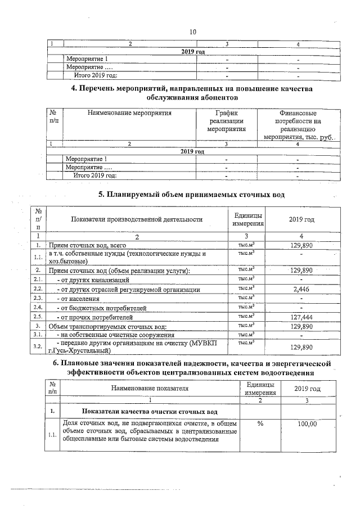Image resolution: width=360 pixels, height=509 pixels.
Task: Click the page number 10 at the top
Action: click(x=192, y=32)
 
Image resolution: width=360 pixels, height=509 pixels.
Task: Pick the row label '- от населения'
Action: click(x=79, y=298)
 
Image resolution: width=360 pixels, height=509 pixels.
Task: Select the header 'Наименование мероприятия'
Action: click(x=129, y=112)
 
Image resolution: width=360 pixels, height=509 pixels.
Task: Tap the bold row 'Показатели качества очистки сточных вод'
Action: click(x=150, y=411)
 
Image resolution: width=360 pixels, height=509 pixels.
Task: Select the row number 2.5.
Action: click(x=38, y=317)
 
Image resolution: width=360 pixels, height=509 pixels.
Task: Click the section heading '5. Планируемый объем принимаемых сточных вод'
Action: click(x=192, y=195)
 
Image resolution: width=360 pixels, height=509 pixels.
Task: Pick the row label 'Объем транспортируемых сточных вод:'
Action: click(x=107, y=326)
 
